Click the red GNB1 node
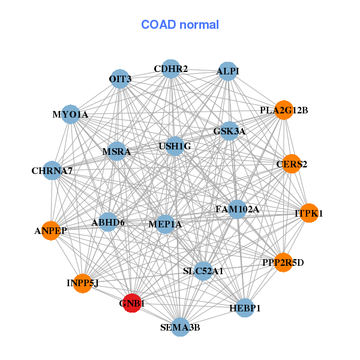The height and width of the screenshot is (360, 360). point(132,303)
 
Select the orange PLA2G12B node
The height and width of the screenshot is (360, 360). point(284,110)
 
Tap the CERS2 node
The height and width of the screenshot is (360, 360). point(292,164)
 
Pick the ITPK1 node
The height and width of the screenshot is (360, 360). point(309,213)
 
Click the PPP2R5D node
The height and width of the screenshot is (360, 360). point(283,262)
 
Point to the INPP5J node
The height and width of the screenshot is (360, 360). point(83,283)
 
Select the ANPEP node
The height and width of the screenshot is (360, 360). point(51,231)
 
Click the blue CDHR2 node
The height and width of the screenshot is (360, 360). point(171,69)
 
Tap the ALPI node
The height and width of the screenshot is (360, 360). point(228,71)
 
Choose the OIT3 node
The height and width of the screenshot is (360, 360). point(120,79)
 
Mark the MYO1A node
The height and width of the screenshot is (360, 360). point(70,115)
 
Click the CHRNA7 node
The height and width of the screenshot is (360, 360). point(52,170)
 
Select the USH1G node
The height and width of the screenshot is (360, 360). point(175,146)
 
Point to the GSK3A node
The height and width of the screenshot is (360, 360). point(229,131)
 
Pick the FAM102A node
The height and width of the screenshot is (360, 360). point(237,209)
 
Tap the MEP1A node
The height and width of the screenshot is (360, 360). point(165,224)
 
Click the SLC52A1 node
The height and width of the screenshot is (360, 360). point(203,271)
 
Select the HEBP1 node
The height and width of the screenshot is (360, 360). point(245,308)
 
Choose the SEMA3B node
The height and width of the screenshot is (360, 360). point(181,327)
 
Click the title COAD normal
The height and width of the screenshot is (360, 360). point(180,25)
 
